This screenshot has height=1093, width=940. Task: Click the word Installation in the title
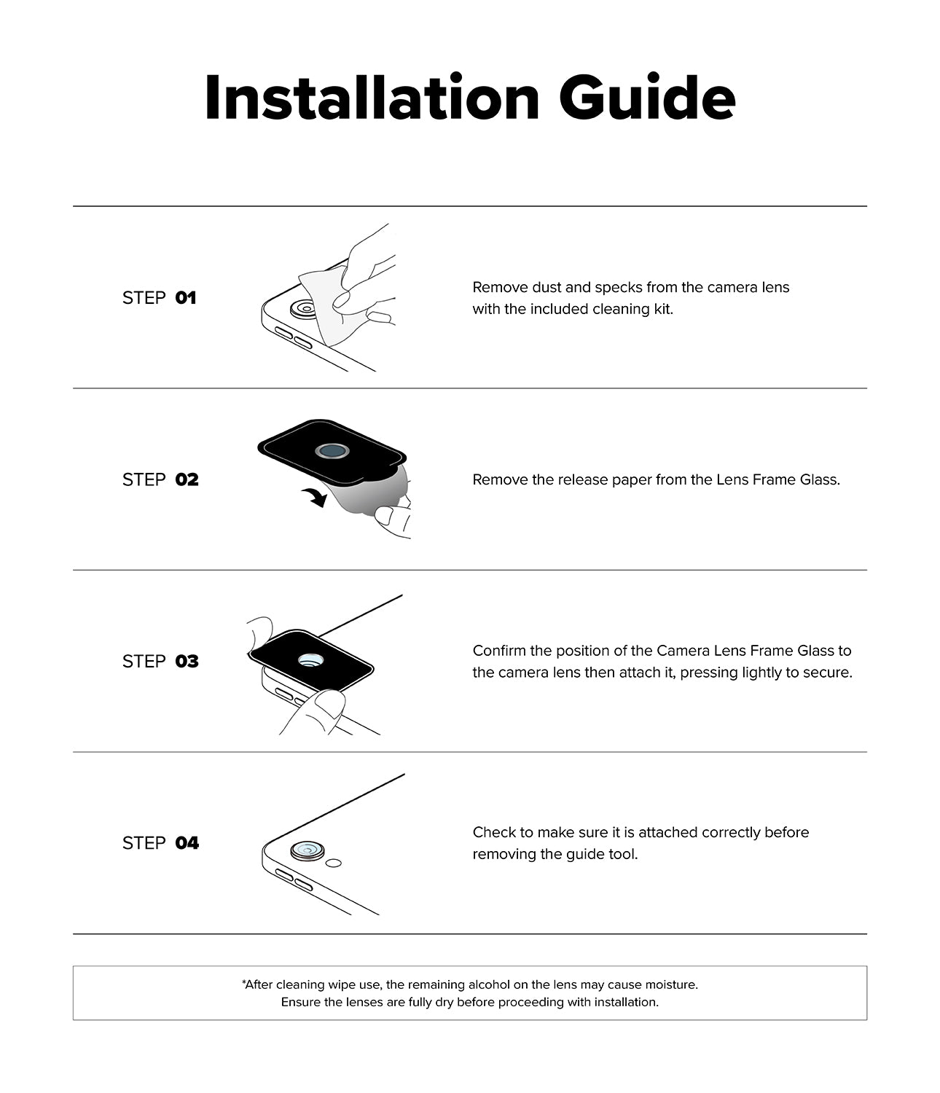tap(372, 98)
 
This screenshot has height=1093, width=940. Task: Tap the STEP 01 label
tap(159, 297)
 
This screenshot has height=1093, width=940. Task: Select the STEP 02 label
tap(160, 479)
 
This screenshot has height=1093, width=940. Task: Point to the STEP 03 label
tap(160, 661)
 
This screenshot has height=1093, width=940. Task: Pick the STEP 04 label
tap(160, 843)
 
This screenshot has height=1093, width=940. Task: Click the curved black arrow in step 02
tap(315, 498)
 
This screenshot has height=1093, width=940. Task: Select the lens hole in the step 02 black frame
tap(332, 452)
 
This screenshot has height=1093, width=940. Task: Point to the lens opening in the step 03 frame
tap(311, 661)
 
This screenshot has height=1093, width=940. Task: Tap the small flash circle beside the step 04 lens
tap(334, 863)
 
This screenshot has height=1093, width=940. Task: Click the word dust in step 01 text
tap(545, 287)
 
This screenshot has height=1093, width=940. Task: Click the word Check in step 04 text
tap(493, 832)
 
